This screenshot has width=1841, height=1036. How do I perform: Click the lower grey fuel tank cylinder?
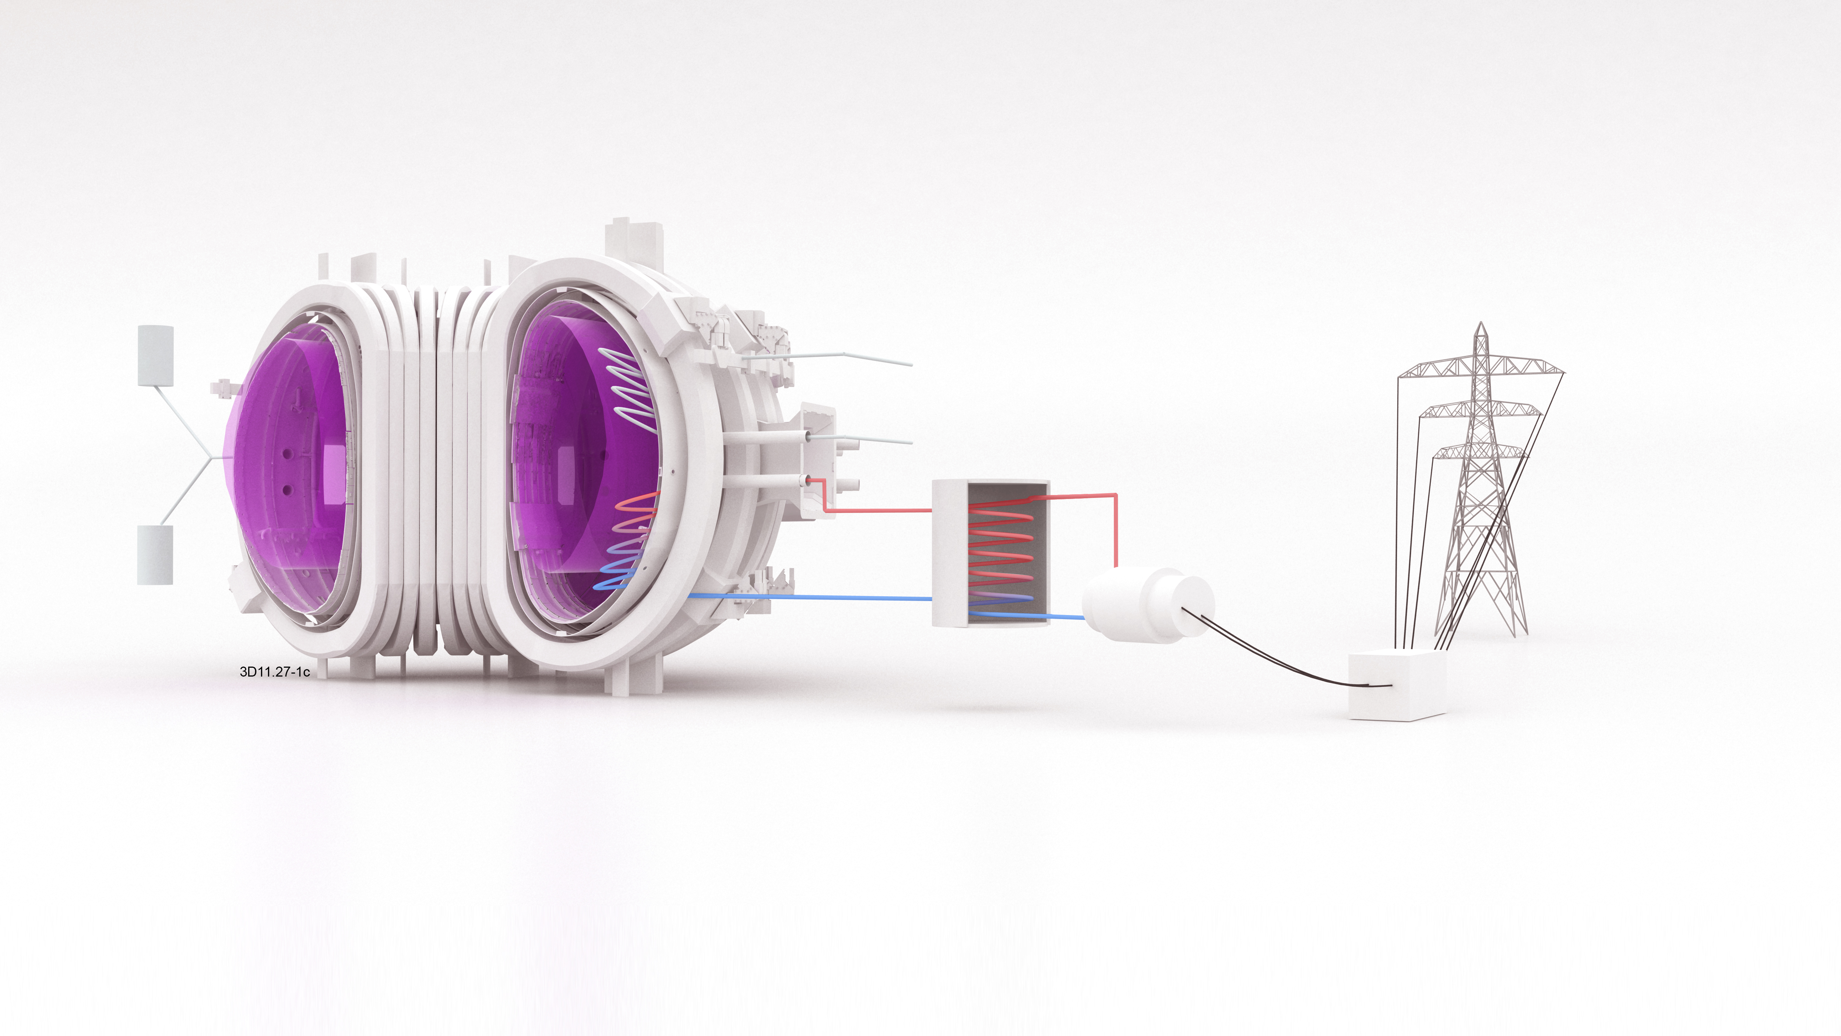pos(155,555)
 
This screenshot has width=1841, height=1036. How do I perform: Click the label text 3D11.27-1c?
pos(274,671)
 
